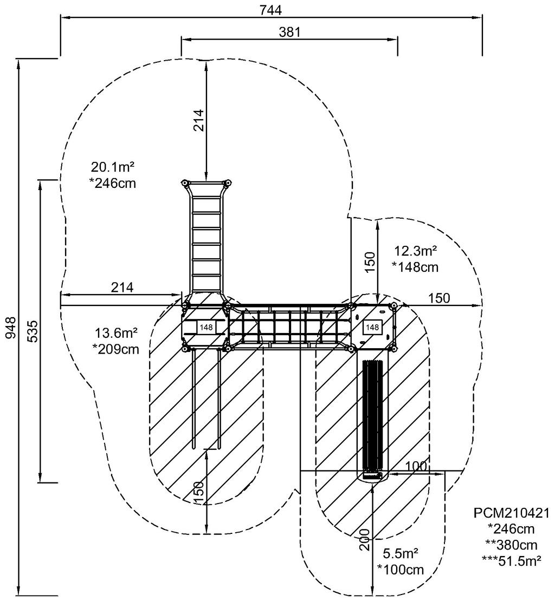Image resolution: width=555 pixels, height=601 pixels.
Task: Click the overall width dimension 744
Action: [271, 10]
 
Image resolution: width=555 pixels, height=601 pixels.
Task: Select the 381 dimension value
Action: [289, 32]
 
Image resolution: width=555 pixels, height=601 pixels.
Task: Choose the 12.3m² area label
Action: [416, 251]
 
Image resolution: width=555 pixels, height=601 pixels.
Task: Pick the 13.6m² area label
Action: [116, 333]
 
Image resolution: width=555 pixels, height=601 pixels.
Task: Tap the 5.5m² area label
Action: [401, 553]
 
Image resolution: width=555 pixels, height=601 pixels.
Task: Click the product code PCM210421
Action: [512, 512]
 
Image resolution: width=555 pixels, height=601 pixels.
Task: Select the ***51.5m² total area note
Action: [512, 561]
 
